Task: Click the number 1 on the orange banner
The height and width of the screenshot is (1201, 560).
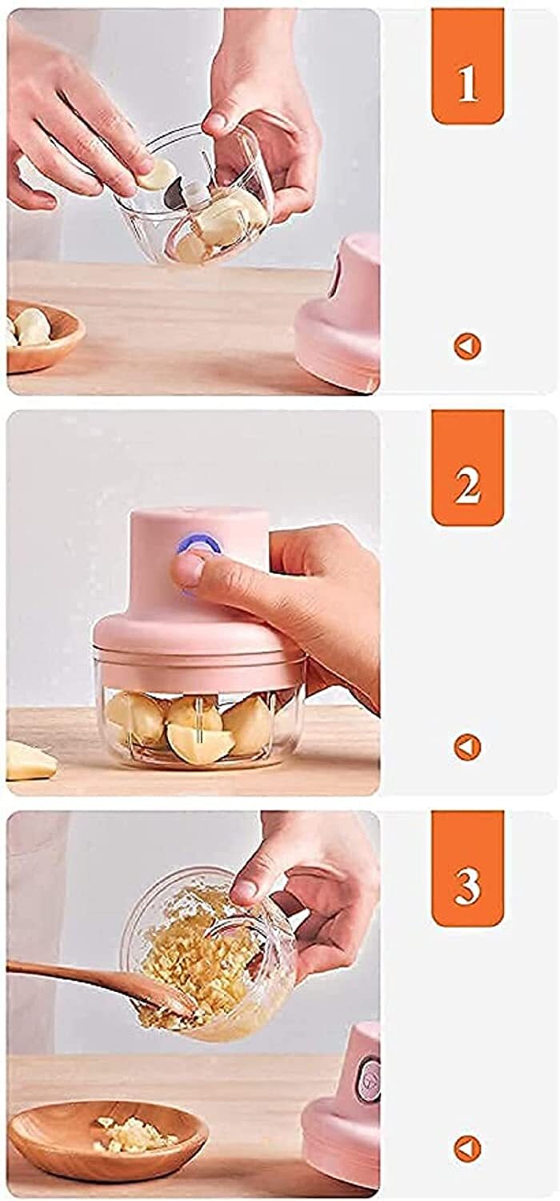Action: click(467, 83)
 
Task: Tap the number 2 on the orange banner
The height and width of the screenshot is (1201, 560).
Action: click(467, 485)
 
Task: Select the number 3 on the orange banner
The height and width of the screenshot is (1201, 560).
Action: click(467, 886)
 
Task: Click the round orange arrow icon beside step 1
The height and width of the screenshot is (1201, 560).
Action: click(467, 346)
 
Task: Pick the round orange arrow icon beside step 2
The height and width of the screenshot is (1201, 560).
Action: click(467, 747)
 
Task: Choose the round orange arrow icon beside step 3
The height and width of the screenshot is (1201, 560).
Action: click(467, 1148)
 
